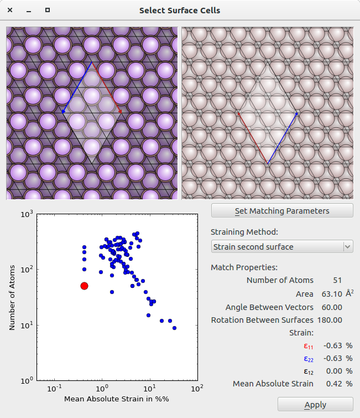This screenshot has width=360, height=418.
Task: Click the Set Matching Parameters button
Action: [282, 211]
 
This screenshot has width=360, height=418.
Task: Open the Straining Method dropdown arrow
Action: [347, 246]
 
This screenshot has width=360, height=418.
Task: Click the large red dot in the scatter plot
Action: [84, 286]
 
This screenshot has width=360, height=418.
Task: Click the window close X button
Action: [10, 10]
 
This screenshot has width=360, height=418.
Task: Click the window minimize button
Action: [29, 10]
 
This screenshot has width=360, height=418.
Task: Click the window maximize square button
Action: [48, 10]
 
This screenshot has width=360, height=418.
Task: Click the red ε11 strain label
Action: [308, 345]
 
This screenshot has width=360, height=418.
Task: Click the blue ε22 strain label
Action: [308, 358]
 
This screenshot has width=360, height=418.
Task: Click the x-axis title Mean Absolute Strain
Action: [116, 399]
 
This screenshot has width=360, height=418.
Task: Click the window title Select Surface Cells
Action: [180, 10]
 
